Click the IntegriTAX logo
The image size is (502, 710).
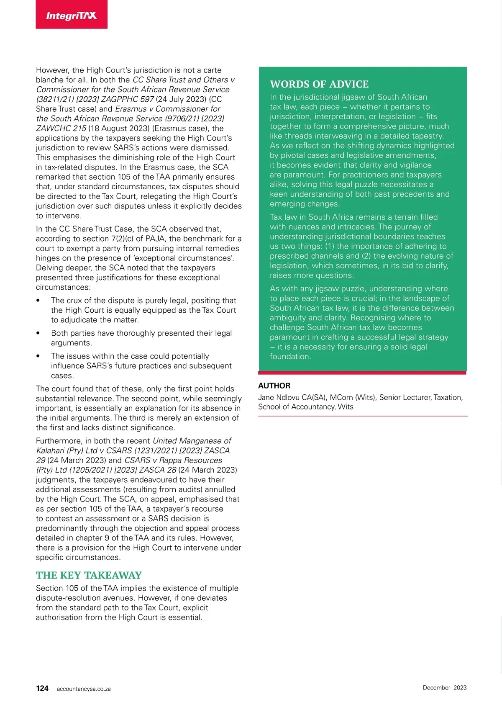[72, 15]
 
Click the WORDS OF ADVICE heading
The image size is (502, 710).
[319, 84]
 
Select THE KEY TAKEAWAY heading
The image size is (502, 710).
[89, 575]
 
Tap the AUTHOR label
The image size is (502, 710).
[274, 386]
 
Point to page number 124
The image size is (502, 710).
[42, 688]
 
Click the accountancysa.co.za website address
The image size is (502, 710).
[84, 689]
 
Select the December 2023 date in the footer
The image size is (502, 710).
[444, 687]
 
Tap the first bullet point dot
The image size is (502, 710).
[38, 301]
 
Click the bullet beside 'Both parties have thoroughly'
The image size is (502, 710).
[38, 333]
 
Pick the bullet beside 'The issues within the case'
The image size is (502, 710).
[38, 356]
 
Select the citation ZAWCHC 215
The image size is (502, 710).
[61, 128]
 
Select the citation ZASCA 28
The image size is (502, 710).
[158, 470]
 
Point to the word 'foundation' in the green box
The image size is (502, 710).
[290, 357]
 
